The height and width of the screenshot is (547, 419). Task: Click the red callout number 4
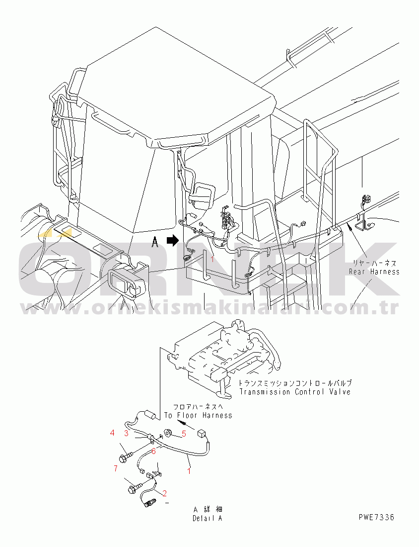point(112,433)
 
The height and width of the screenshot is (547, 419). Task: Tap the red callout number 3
point(127,433)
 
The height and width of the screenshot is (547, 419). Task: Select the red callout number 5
point(184,434)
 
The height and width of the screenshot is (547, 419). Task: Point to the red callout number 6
point(153,451)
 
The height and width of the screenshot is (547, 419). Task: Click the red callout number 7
point(116,468)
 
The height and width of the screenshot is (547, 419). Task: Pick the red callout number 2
point(165,493)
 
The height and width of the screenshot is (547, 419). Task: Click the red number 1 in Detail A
point(189,471)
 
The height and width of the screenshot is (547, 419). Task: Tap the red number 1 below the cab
point(212,259)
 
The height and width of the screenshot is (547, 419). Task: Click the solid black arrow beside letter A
point(172,240)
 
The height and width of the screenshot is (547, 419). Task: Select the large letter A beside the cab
point(155,241)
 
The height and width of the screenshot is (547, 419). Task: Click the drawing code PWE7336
point(376,517)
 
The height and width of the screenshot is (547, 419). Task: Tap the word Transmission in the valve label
point(265,392)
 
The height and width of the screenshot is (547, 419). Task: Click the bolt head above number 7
point(123,458)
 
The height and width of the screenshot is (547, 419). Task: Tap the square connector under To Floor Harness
point(201,434)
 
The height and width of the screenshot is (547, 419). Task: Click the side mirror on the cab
point(202,195)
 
